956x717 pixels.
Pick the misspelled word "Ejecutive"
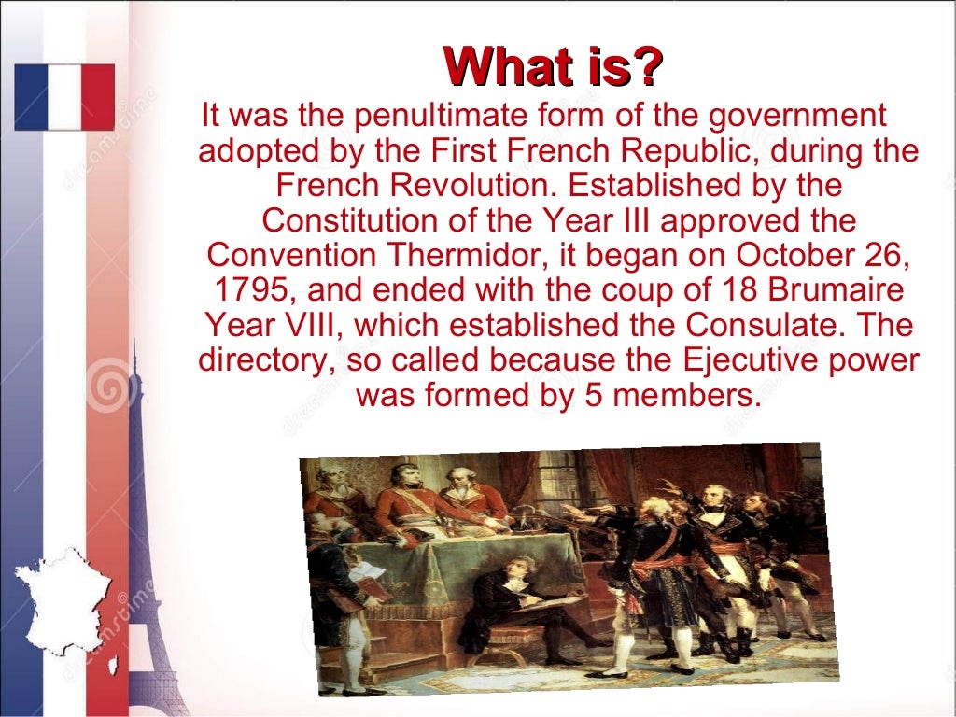730,359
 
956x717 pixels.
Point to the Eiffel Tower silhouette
135,523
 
